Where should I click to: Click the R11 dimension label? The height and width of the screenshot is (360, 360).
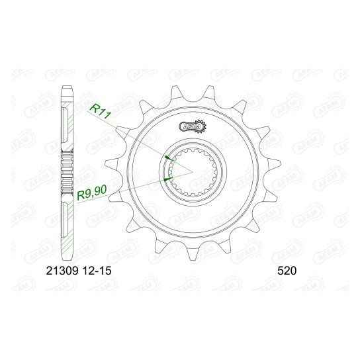point(101,111)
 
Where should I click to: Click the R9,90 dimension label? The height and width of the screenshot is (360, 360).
point(92,193)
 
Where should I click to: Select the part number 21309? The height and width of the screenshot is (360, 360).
point(62,271)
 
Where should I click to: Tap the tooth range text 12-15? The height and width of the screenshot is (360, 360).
point(96,271)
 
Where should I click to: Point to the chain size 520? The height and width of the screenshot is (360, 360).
point(287,271)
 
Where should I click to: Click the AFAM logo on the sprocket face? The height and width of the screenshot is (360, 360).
point(190,126)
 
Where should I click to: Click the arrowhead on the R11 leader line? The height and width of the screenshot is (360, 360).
point(168,158)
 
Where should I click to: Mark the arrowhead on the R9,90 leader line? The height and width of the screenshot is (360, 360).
point(168,179)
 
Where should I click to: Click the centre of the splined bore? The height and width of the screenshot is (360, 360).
point(193,172)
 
